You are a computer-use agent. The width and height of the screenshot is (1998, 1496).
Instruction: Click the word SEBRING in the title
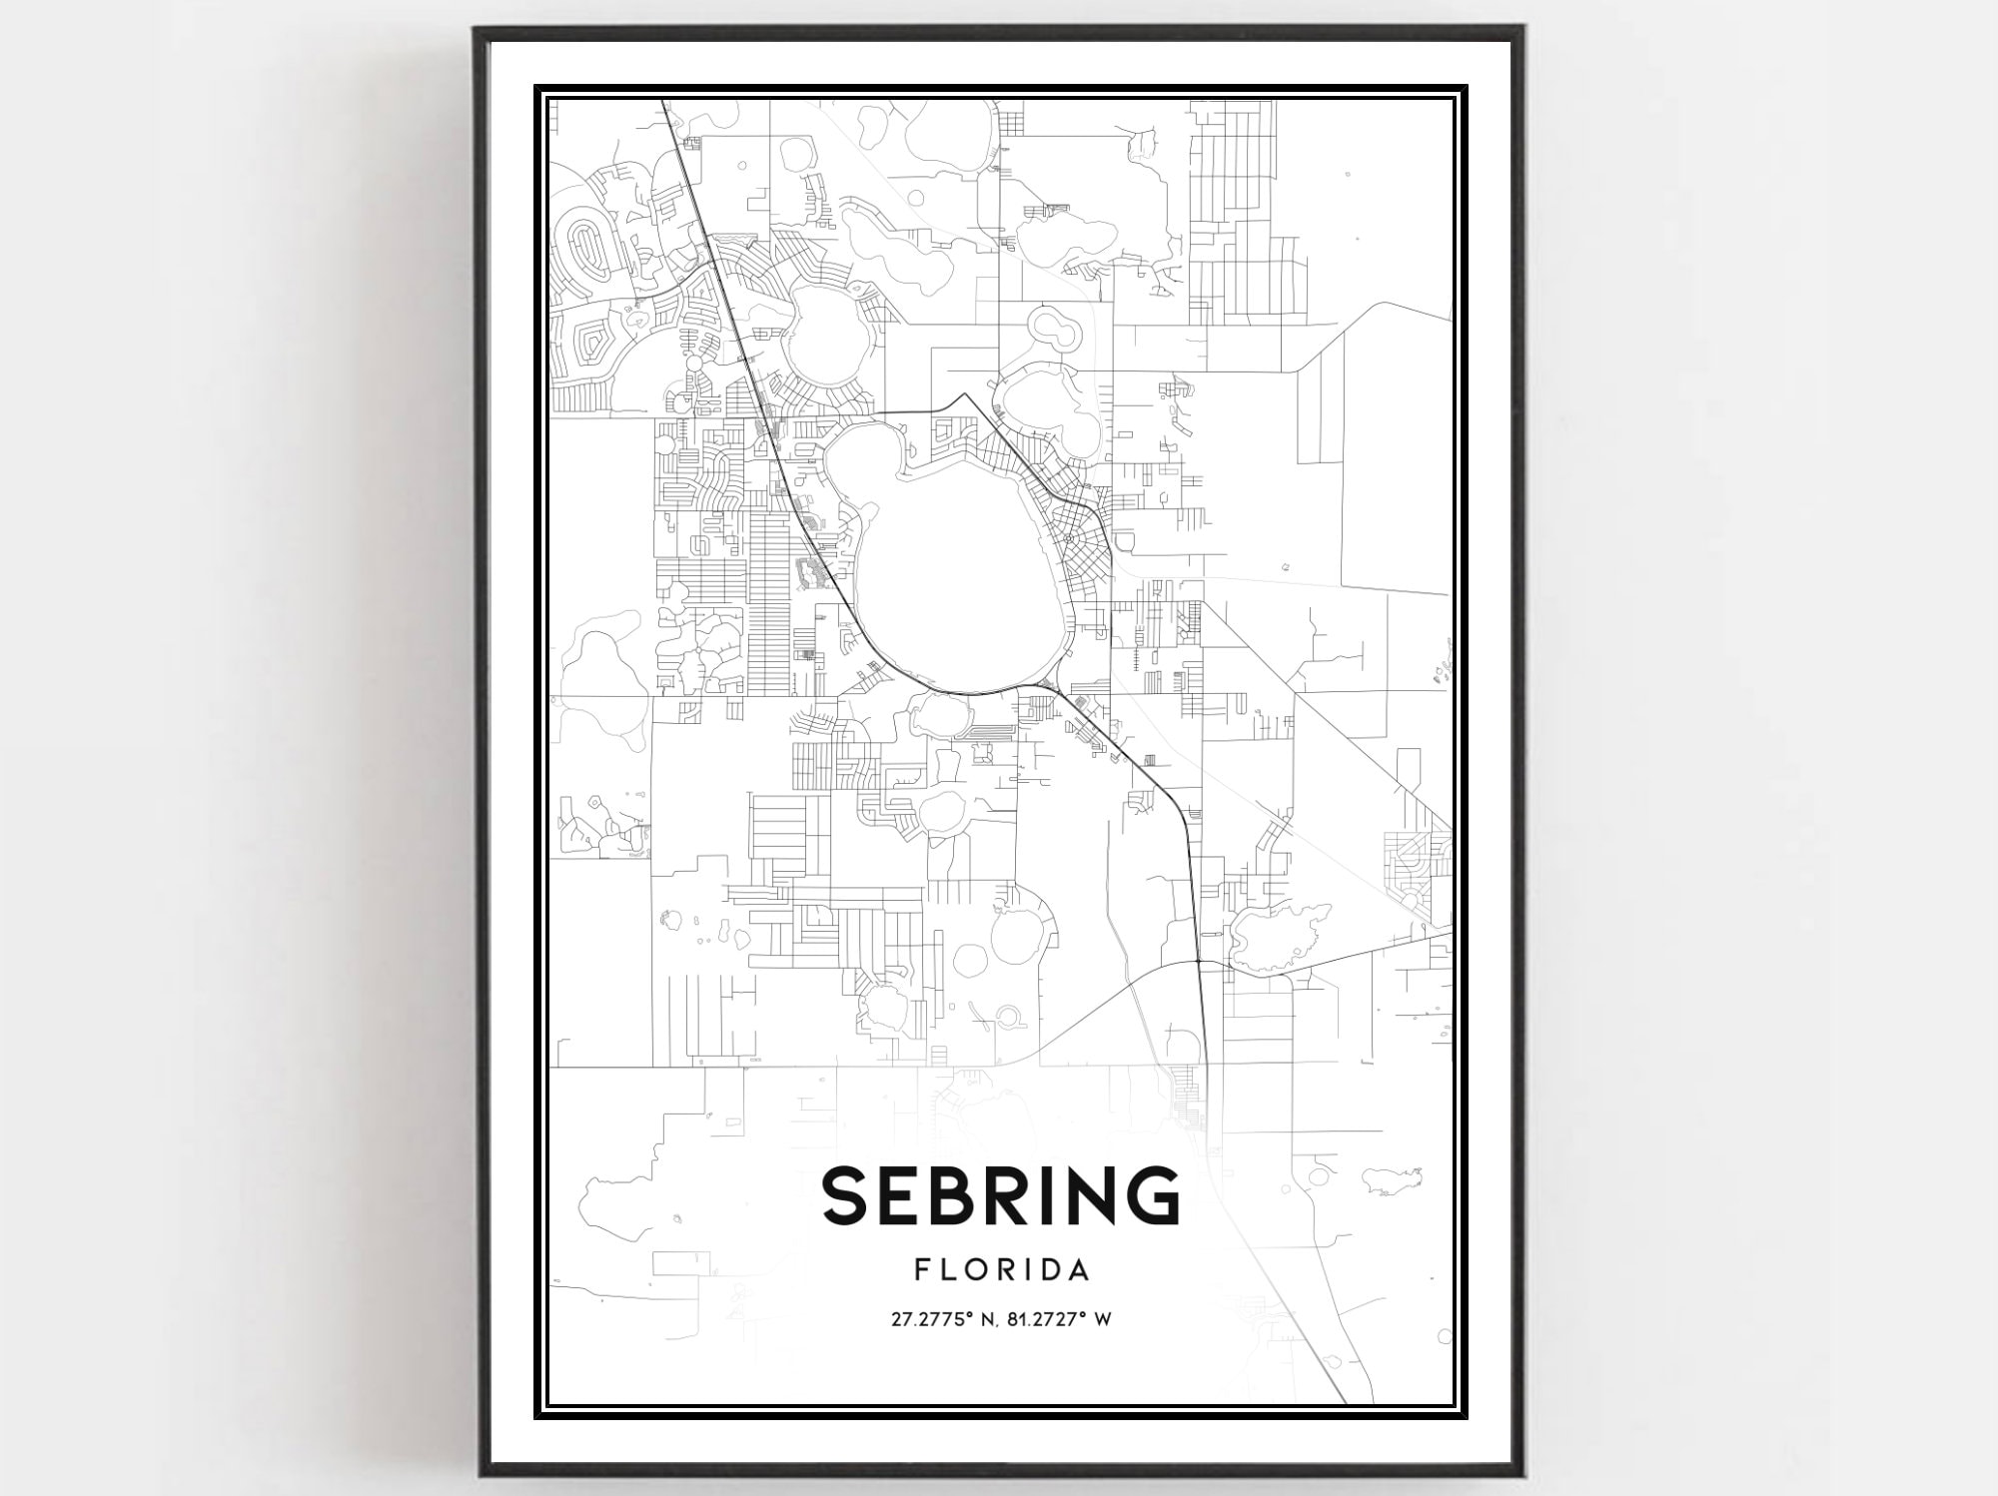coord(1001,1195)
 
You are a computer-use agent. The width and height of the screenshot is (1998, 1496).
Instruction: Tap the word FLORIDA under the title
coord(1001,1270)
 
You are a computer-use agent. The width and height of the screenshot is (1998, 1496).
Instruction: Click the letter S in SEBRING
coord(847,1195)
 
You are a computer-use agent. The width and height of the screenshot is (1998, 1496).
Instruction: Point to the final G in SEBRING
coord(1150,1195)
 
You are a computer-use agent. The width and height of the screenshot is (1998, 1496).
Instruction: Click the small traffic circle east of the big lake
coord(1069,538)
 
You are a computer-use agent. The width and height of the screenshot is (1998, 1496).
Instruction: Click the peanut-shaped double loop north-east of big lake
coord(1051,330)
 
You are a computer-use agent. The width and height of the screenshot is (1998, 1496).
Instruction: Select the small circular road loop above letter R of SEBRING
coord(1007,1018)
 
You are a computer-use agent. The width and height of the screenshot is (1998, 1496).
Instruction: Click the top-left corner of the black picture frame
coord(478,31)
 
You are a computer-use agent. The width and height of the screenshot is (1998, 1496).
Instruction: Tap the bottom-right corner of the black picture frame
coord(1519,1474)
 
